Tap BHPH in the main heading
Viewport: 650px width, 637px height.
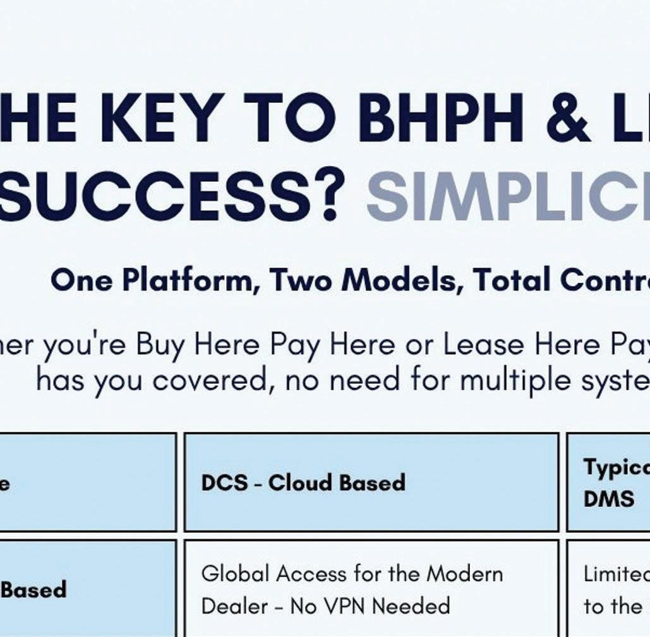point(441,118)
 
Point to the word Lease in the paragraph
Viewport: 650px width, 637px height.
point(483,344)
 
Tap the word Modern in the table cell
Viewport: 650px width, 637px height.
point(465,574)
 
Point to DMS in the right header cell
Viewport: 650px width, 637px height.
point(600,499)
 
